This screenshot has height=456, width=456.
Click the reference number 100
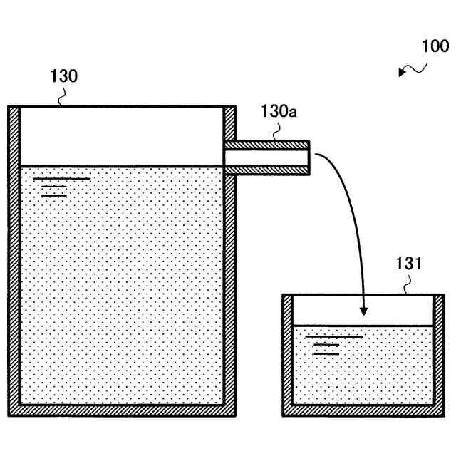(435, 47)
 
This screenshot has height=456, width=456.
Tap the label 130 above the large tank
(64, 76)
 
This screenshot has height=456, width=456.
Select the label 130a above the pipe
(279, 112)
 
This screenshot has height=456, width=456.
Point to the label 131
(409, 264)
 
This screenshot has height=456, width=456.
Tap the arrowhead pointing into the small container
(363, 311)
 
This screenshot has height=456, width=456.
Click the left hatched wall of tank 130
(14, 256)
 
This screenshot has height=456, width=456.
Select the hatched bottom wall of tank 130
(121, 410)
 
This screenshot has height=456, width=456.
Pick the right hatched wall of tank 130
(229, 285)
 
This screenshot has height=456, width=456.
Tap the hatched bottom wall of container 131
(363, 410)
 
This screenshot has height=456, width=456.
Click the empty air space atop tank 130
(121, 135)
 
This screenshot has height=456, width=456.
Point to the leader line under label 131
(408, 287)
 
